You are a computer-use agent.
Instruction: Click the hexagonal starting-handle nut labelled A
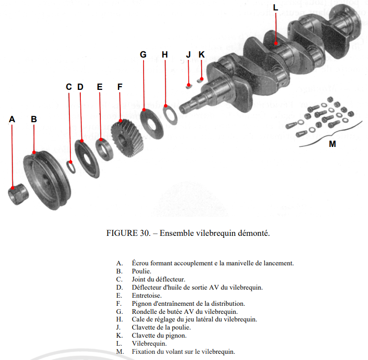tap(18, 194)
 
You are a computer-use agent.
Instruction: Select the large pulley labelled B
tap(47, 180)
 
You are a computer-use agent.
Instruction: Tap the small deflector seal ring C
tap(71, 166)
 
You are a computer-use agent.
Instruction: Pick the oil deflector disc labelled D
tap(87, 159)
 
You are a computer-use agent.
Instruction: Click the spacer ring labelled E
tap(104, 149)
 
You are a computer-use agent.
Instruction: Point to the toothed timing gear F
tap(127, 138)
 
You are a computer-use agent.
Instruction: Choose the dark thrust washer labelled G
tap(152, 124)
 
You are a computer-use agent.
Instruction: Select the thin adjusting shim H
tap(170, 115)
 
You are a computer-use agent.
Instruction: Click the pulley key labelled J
tap(189, 86)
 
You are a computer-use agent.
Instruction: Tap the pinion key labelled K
tap(200, 80)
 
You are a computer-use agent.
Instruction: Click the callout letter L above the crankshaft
tap(276, 8)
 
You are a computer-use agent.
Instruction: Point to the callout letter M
tap(332, 144)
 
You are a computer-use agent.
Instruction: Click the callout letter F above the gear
tap(120, 87)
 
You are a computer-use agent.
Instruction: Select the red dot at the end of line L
tap(276, 43)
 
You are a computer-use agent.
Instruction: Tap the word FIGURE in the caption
tap(122, 233)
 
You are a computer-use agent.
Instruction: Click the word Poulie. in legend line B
tap(142, 271)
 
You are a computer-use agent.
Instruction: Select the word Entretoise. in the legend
tap(147, 295)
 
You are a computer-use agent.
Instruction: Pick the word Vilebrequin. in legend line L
tap(149, 343)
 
